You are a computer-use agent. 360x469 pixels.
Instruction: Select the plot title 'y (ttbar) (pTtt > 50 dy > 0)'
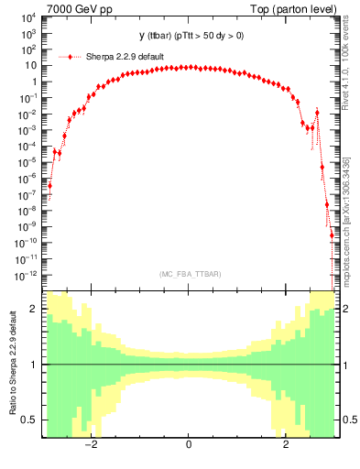(191, 36)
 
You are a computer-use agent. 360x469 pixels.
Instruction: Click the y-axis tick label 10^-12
(26, 275)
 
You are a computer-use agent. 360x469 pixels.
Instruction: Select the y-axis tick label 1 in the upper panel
(34, 82)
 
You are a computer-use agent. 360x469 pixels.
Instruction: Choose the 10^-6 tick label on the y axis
(27, 179)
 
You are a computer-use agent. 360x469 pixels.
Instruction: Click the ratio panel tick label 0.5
(29, 420)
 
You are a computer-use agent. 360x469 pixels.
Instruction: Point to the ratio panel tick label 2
(34, 310)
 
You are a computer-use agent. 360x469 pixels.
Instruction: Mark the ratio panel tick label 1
(34, 365)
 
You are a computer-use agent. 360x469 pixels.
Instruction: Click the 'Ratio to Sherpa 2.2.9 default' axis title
(12, 364)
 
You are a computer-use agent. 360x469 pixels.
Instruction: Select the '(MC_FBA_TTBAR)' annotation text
(189, 274)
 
